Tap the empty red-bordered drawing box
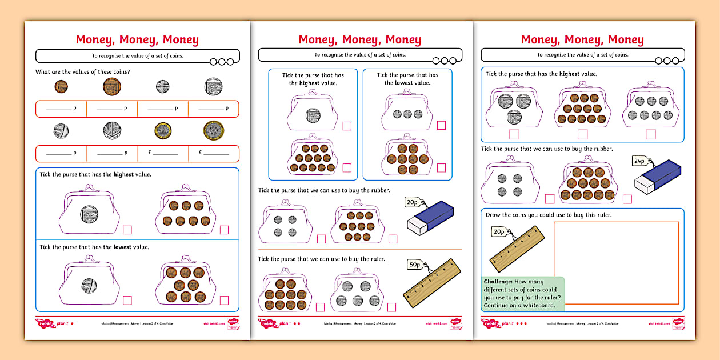pos(616,262)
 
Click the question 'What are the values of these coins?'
pos(83,72)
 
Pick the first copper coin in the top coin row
pos(61,87)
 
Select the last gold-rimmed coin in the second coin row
pos(214,131)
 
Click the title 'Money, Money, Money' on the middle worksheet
pos(359,39)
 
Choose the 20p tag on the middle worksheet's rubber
pos(411,202)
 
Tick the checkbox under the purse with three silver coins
pos(441,126)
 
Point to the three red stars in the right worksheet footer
pos(521,323)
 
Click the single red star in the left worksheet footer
pos(72,323)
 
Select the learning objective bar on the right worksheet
pos(582,55)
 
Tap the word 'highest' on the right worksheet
pos(569,74)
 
